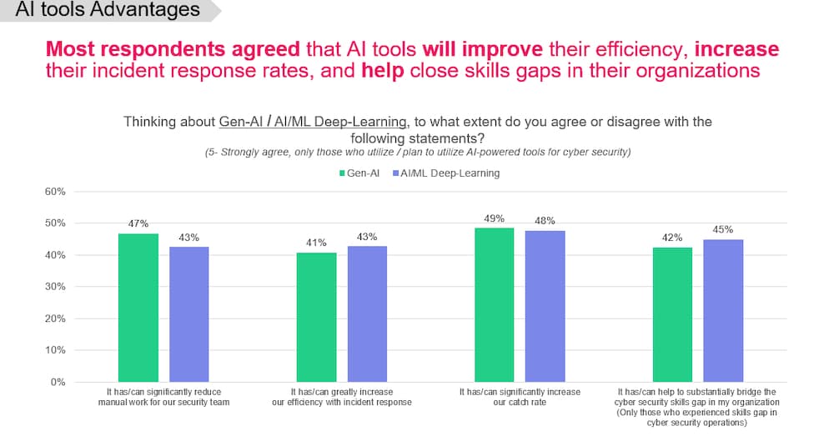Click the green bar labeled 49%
pos(495,304)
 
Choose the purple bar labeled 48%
pos(545,306)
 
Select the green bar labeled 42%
pos(672,314)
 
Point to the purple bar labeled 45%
pos(723,310)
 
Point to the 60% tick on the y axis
pos(54,192)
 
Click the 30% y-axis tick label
pos(54,287)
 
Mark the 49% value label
pos(495,218)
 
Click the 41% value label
pos(317,243)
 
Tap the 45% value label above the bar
pos(723,230)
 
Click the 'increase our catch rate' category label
pos(520,396)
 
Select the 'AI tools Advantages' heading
pos(108,10)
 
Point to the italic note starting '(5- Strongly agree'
pos(417,153)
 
